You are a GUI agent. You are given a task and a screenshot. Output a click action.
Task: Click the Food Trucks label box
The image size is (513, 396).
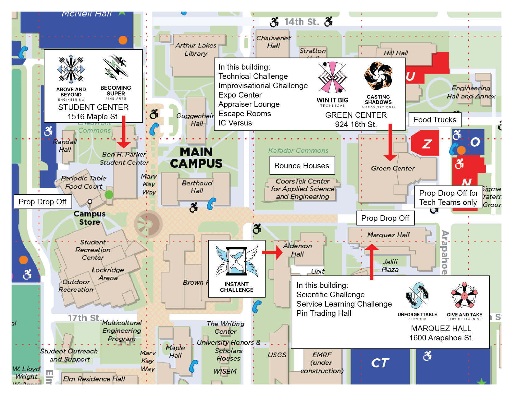[x=435, y=120]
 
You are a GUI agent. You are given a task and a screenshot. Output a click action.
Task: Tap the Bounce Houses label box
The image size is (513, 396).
[x=302, y=166]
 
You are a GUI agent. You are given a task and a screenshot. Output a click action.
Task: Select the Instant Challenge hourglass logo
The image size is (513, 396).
[x=237, y=262]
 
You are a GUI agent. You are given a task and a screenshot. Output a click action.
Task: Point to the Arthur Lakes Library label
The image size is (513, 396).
[x=196, y=49]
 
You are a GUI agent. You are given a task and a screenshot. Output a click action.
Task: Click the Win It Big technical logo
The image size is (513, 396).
[x=332, y=78]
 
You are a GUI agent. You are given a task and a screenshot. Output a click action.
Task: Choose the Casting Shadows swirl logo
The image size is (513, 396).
[x=378, y=76]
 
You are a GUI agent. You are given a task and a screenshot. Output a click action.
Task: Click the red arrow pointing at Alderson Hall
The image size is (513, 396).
[x=273, y=252]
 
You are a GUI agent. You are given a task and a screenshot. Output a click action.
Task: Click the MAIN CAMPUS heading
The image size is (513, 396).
[x=196, y=158]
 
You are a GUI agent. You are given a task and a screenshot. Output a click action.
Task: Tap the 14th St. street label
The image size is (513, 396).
[x=302, y=22]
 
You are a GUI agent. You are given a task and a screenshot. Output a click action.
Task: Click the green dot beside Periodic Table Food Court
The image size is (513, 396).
[x=109, y=195]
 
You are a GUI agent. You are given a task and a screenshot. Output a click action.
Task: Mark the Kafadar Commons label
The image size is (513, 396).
[x=298, y=151]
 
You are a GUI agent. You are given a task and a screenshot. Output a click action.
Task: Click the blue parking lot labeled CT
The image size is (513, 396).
[x=380, y=363]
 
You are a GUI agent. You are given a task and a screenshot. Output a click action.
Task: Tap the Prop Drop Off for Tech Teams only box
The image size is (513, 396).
[x=448, y=198]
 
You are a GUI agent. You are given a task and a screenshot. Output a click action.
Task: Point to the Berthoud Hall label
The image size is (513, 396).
[x=197, y=187]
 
